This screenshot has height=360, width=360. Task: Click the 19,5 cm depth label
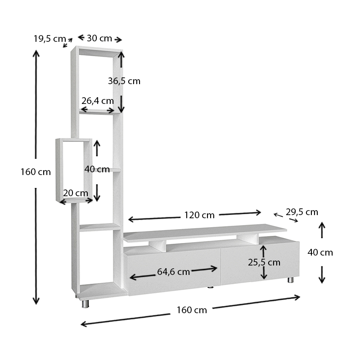click(x=49, y=39)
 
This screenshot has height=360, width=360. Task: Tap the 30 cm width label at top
click(x=99, y=38)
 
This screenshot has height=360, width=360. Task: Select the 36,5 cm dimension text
click(x=124, y=81)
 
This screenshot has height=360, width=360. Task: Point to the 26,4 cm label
click(x=97, y=101)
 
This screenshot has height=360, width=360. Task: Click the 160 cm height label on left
click(x=36, y=172)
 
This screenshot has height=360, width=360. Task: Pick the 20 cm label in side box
click(x=76, y=193)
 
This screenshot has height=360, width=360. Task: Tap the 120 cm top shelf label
click(x=199, y=215)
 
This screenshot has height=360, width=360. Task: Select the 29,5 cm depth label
click(x=301, y=212)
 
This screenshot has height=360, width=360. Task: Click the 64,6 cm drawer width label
click(x=173, y=271)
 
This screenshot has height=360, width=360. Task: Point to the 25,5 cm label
click(x=264, y=262)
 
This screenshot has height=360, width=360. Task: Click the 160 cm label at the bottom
click(x=192, y=310)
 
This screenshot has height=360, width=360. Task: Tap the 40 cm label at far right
click(x=320, y=252)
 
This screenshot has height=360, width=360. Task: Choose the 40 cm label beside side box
click(x=97, y=169)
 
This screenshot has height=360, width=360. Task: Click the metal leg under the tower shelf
click(x=85, y=304)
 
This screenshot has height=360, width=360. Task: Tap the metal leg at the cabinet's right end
click(x=290, y=280)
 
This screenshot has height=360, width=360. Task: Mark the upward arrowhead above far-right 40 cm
click(x=322, y=225)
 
